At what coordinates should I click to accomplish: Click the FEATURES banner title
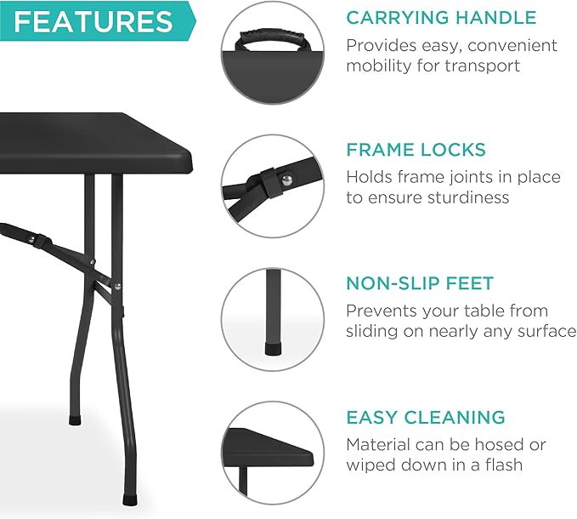(93, 22)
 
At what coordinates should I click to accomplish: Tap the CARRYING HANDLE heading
(440, 17)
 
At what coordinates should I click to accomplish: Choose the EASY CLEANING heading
(425, 417)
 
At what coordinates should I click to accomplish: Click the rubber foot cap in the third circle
(274, 346)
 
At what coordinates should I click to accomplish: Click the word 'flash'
(498, 465)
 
